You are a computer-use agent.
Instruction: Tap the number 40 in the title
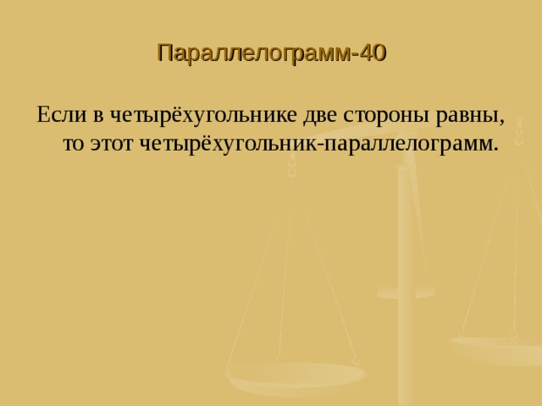[373, 54]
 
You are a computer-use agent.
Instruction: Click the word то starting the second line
[74, 143]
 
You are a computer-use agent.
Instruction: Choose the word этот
[113, 143]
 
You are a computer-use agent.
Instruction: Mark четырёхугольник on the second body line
[224, 143]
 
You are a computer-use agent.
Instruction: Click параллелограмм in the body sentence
[401, 143]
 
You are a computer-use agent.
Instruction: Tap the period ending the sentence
[495, 148]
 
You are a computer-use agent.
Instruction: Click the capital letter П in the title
[164, 54]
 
